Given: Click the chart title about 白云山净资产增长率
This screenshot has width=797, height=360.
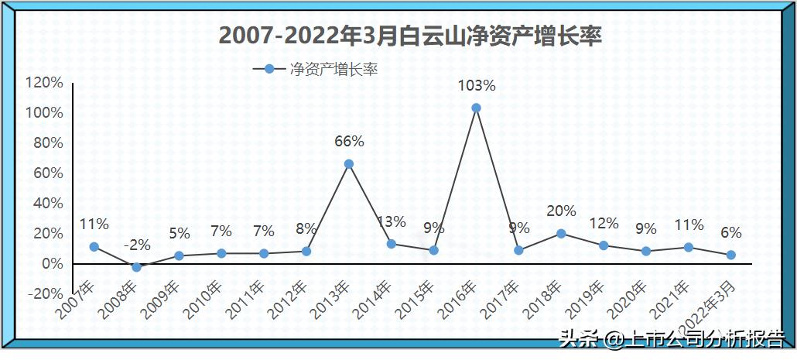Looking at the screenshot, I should click(x=410, y=36).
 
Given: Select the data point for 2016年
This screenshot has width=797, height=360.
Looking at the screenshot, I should click(x=477, y=108).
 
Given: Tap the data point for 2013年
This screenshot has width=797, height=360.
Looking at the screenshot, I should click(x=349, y=164).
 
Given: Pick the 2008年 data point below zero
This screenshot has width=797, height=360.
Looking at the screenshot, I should click(x=137, y=267).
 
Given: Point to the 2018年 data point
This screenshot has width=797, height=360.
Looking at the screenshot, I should click(x=561, y=233).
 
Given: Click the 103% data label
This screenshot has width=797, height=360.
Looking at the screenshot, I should click(x=477, y=85).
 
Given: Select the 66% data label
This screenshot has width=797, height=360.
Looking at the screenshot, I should click(x=349, y=142).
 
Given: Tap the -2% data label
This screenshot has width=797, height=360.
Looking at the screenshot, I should click(x=137, y=245).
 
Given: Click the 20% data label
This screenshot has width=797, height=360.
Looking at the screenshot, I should click(x=561, y=211).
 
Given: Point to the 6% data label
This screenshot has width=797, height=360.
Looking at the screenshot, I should click(x=730, y=232).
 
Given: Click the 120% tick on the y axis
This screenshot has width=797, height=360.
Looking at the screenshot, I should click(x=44, y=83).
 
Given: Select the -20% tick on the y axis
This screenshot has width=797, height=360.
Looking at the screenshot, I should click(x=44, y=294).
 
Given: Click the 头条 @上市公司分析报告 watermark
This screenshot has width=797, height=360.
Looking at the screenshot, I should click(x=672, y=339).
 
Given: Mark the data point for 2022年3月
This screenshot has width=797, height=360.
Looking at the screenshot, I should click(x=730, y=255).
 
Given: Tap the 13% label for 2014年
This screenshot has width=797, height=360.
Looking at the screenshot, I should click(x=392, y=221).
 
